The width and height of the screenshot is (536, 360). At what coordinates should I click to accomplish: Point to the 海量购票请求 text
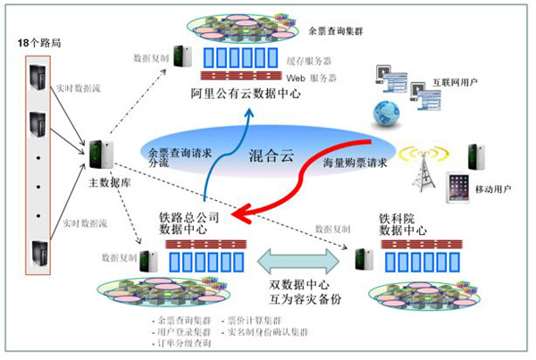pyautogui.click(x=357, y=163)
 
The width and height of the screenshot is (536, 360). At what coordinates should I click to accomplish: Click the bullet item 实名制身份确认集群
pyautogui.click(x=269, y=331)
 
